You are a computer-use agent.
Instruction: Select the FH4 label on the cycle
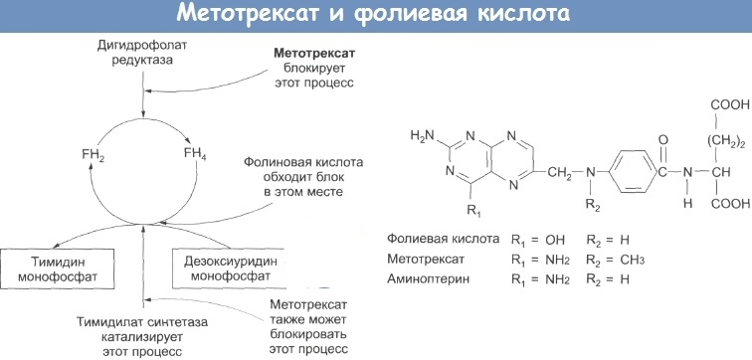click(195, 154)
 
